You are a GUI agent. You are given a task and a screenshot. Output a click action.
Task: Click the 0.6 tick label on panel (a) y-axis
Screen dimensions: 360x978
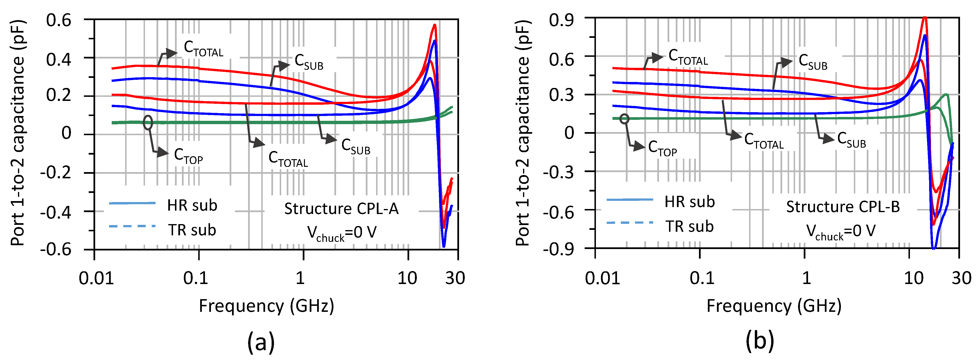pos(58,20)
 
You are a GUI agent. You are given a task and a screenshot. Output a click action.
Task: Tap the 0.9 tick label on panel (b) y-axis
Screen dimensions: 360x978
pos(561,20)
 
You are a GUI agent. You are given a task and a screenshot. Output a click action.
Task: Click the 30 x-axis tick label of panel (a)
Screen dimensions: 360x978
pos(455,278)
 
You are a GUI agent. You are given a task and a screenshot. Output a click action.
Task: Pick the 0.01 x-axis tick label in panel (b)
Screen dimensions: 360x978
pos(602,278)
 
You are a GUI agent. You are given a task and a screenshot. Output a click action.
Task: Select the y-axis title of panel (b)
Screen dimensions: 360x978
pos(523,133)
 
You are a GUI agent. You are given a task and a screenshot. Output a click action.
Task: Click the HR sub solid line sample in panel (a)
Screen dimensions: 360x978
pos(132,203)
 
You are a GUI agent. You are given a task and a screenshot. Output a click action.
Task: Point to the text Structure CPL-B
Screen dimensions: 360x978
pos(843,207)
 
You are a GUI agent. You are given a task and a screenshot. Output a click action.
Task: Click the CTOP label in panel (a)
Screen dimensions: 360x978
pos(188,156)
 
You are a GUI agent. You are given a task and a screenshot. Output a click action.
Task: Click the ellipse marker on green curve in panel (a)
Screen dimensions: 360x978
pos(148,122)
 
